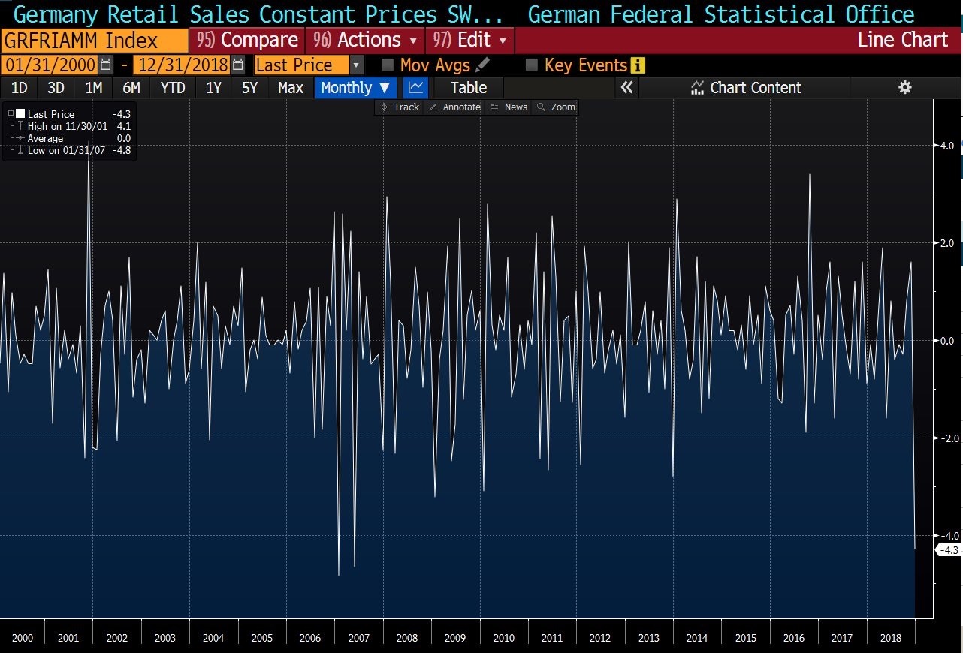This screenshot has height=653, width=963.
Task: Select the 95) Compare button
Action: pos(247,40)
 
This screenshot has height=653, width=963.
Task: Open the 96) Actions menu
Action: pos(366,40)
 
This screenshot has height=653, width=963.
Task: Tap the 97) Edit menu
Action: pos(470,40)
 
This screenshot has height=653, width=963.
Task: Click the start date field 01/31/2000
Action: pos(49,65)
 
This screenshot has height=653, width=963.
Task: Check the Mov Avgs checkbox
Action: pos(388,65)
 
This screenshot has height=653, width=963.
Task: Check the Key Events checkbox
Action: pos(532,65)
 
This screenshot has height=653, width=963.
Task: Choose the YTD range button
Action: pos(173,88)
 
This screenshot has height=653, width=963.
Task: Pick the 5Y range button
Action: pos(249,88)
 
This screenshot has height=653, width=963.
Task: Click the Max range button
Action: pos(290,88)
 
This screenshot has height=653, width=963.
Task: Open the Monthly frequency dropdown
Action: pos(355,88)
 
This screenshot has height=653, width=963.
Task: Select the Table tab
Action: pos(469,88)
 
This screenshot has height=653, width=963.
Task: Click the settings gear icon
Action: pos(905,88)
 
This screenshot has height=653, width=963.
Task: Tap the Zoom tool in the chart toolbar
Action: pos(557,107)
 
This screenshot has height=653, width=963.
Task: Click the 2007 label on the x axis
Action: pos(359,638)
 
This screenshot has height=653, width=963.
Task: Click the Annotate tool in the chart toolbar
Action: pos(454,107)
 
